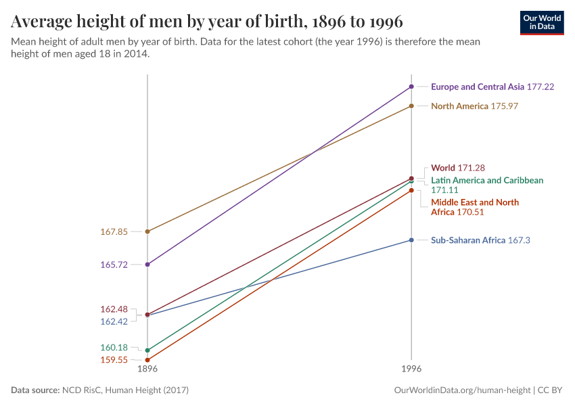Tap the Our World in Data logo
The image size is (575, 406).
[541, 22]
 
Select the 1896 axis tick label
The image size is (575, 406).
[147, 369]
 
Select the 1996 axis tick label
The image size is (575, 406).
[411, 369]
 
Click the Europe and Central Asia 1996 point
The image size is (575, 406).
[411, 87]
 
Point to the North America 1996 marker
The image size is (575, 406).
[411, 106]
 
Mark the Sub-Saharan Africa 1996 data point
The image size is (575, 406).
[411, 240]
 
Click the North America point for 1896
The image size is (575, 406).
[147, 231]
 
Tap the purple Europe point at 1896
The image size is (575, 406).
[147, 265]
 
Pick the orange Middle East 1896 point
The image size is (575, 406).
[147, 360]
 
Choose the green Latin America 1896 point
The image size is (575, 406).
[147, 351]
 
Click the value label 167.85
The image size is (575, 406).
[114, 231]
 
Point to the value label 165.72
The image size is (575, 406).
[114, 265]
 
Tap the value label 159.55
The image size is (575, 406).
[114, 360]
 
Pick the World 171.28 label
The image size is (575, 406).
[458, 168]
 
